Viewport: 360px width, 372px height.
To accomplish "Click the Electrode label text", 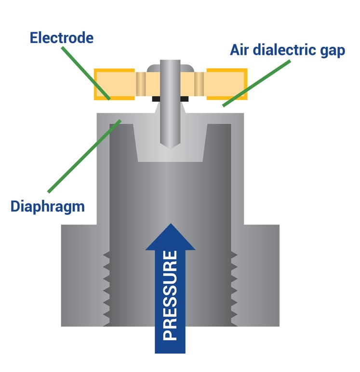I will click(61, 38).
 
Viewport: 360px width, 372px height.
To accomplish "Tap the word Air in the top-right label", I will click(240, 50).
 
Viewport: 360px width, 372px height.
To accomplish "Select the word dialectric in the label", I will click(287, 50).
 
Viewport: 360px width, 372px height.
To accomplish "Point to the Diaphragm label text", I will click(47, 207).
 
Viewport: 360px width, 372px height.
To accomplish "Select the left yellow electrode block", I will click(115, 84).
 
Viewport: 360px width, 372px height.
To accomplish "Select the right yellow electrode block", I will click(227, 84).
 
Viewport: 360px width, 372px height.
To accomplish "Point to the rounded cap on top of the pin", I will click(170, 65).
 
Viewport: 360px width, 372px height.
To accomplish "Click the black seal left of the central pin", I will click(156, 99).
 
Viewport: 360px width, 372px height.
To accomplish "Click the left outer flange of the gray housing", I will click(82, 275).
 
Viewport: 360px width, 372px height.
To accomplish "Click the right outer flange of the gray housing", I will click(258, 275).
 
